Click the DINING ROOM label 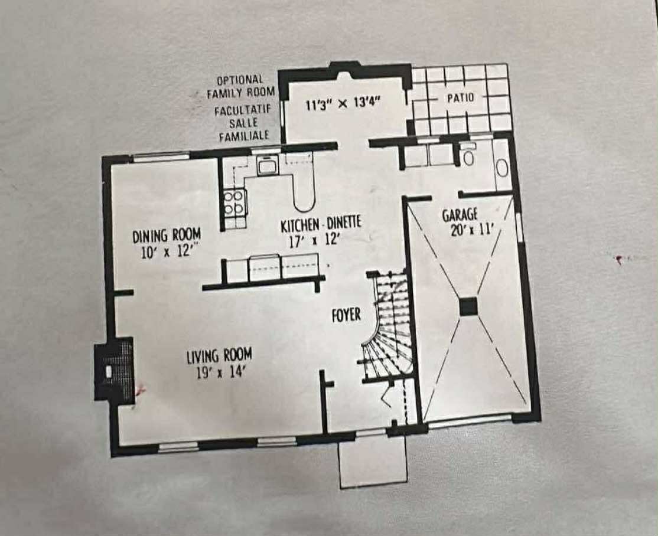(x=167, y=235)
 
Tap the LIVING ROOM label (x=219, y=356)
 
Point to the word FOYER (x=346, y=315)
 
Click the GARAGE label (x=460, y=215)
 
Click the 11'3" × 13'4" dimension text (x=342, y=106)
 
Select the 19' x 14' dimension (x=219, y=372)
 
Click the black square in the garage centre (x=468, y=306)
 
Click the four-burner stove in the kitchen (x=235, y=201)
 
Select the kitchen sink (x=267, y=166)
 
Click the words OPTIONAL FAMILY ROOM (x=240, y=86)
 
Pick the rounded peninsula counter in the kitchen (x=305, y=195)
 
